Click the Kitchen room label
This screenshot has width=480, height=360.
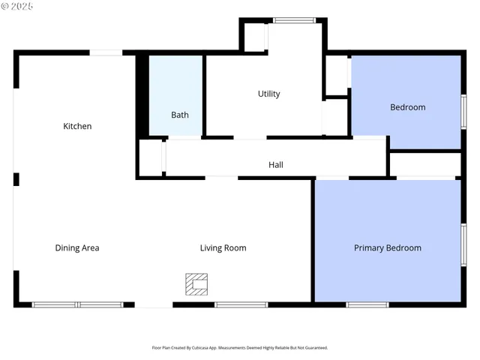[77, 126]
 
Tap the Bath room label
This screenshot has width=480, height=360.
[180, 115]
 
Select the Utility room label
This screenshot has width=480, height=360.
[268, 94]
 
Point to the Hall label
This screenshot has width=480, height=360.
[276, 165]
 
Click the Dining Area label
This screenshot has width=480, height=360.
[77, 247]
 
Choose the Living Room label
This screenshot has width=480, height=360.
[223, 247]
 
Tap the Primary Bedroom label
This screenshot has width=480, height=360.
[387, 247]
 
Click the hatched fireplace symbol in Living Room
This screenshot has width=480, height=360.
[196, 284]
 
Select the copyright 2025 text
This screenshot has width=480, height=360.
[17, 6]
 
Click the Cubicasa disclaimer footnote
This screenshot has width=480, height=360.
[240, 347]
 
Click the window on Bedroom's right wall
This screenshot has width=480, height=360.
[463, 111]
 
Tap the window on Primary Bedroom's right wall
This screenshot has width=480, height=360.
[463, 244]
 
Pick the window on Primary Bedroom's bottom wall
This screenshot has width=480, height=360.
[367, 304]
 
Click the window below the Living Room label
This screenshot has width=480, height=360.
[241, 304]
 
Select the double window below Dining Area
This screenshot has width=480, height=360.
[77, 304]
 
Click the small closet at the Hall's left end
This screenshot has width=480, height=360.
[152, 157]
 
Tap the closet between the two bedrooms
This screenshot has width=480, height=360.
[424, 163]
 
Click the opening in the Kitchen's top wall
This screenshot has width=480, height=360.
[106, 52]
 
